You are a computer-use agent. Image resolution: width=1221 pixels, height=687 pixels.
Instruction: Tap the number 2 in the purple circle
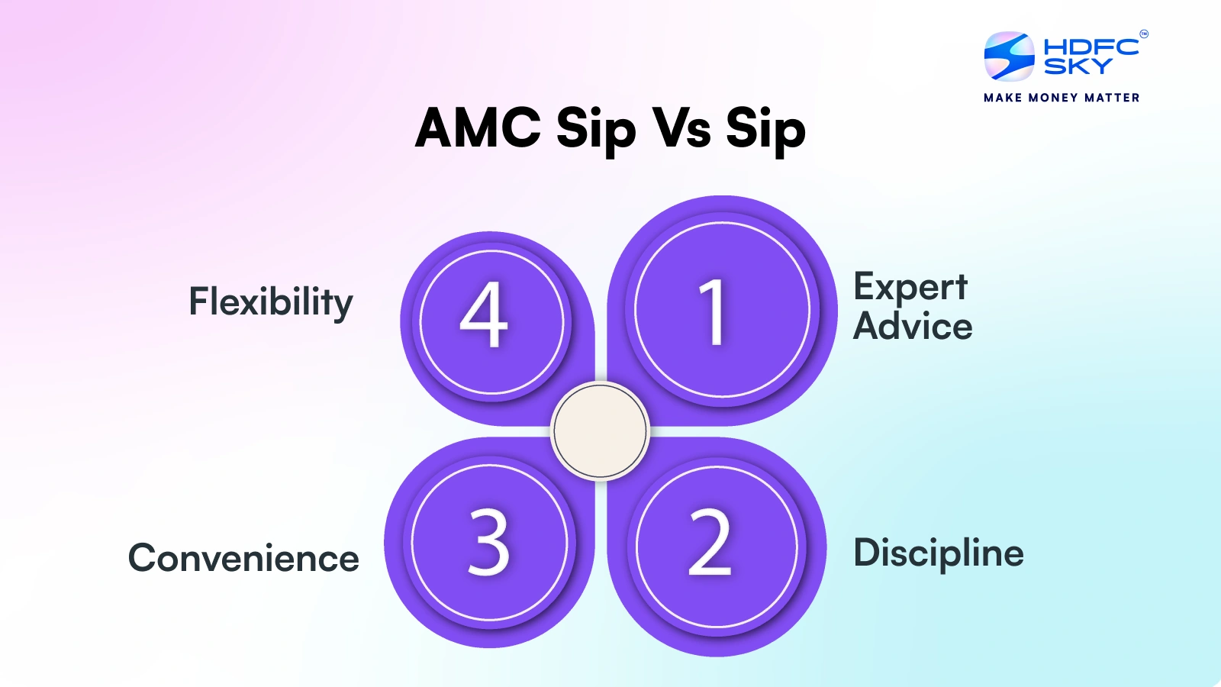click(x=710, y=543)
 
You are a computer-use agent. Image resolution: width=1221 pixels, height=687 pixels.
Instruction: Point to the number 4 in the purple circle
click(x=484, y=314)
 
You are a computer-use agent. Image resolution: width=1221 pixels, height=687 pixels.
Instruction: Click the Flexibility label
click(x=271, y=302)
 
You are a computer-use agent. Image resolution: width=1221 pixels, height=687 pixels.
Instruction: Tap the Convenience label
click(x=243, y=558)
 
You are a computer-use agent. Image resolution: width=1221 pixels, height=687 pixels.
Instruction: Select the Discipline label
click(x=938, y=553)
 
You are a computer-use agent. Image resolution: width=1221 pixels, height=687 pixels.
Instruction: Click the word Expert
click(x=910, y=288)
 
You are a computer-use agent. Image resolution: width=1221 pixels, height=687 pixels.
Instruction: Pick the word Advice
click(x=913, y=327)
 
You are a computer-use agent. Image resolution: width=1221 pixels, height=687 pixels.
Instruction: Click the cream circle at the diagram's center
click(x=600, y=431)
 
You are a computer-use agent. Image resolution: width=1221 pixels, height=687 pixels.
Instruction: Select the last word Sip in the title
click(x=765, y=129)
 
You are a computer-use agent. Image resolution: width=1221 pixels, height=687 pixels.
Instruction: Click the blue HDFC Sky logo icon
click(x=1009, y=56)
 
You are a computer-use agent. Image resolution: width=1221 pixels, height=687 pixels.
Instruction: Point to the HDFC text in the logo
click(x=1091, y=47)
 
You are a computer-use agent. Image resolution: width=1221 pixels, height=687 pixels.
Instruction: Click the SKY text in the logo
click(x=1078, y=67)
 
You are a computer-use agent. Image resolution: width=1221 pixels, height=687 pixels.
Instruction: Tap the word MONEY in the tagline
click(x=1053, y=98)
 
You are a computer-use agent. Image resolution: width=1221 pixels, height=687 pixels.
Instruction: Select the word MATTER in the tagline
click(x=1112, y=98)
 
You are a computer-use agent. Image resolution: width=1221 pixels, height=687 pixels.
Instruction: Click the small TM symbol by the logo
click(x=1143, y=34)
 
